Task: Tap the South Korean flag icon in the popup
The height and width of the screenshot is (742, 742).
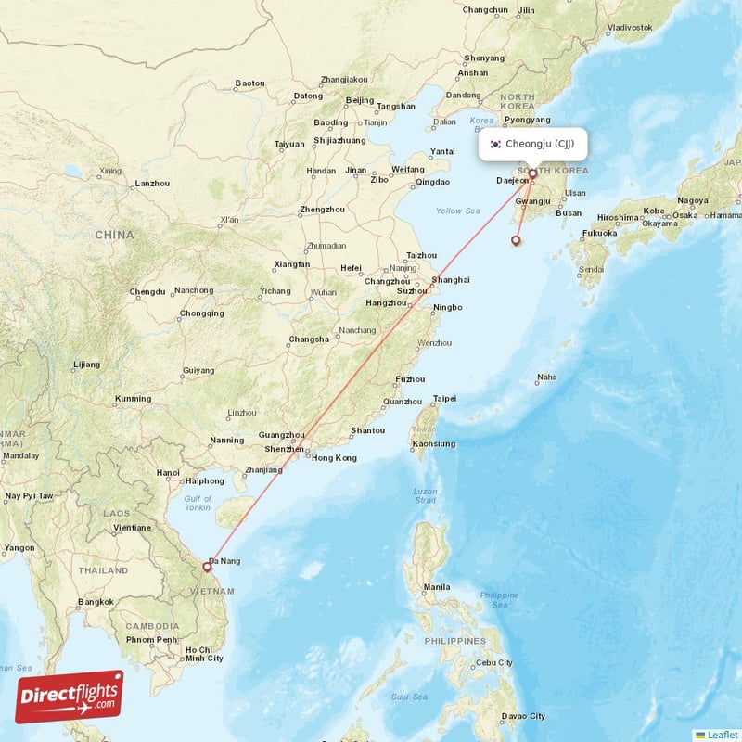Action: (x=496, y=144)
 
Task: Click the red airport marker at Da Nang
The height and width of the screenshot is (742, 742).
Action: (x=207, y=566)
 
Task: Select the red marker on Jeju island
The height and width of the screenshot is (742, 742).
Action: (x=516, y=241)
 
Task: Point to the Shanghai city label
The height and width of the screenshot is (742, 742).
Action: (x=451, y=280)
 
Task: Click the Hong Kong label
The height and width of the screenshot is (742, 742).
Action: (x=334, y=458)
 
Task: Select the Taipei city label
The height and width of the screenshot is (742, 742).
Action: (x=445, y=399)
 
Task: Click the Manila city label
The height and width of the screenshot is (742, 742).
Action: (x=437, y=587)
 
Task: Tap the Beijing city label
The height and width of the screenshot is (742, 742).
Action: (x=359, y=100)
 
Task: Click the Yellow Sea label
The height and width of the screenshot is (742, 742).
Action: (x=457, y=211)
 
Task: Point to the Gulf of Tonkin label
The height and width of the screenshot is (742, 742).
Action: (x=197, y=504)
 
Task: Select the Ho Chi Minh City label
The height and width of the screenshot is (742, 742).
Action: (x=204, y=654)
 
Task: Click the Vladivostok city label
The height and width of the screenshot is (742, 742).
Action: (x=631, y=28)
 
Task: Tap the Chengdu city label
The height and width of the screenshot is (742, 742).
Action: (x=147, y=291)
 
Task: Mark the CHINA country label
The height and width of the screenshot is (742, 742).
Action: (x=114, y=236)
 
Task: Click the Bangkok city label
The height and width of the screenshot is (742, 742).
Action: (x=96, y=602)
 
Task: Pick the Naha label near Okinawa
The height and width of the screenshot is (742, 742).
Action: (x=548, y=377)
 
